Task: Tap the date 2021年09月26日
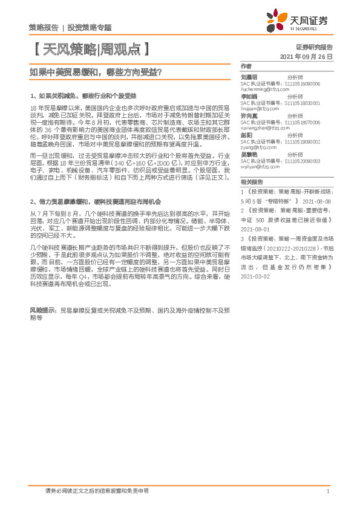pyautogui.click(x=307, y=56)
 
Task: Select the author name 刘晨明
pyautogui.click(x=249, y=77)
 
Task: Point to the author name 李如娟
pyautogui.click(x=249, y=96)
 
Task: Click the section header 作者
pyautogui.click(x=246, y=65)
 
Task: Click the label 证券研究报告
pyautogui.click(x=314, y=47)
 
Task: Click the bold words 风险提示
pyautogui.click(x=42, y=309)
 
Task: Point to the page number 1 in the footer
pyautogui.click(x=327, y=491)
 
